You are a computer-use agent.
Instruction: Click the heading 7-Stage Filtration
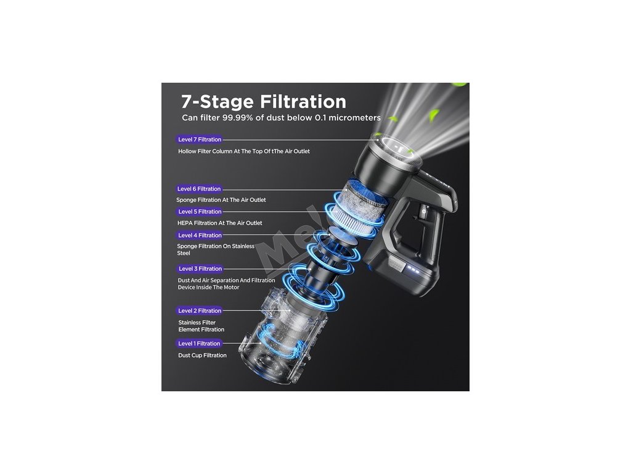(264, 102)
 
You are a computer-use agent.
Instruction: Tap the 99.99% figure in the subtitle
(242, 118)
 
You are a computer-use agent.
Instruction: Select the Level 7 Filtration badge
(199, 139)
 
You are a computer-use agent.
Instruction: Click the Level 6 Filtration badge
(199, 189)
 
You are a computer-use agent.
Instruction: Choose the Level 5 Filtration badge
(199, 212)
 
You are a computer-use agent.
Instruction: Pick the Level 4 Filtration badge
(200, 235)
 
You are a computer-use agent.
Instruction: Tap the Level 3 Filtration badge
(200, 268)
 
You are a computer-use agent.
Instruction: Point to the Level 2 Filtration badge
(199, 311)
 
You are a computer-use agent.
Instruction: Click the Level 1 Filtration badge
(199, 343)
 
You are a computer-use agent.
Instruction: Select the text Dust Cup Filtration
(202, 355)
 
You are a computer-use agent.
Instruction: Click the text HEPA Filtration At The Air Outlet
(220, 223)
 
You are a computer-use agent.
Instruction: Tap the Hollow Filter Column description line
(244, 151)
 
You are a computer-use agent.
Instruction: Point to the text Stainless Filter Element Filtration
(202, 326)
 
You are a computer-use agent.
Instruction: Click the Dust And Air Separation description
(226, 284)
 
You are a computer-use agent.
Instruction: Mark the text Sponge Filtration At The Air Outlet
(221, 200)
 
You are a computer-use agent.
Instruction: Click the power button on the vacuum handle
(423, 210)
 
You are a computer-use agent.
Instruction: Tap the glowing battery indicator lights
(413, 268)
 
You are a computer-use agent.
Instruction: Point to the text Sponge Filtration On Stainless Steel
(216, 249)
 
